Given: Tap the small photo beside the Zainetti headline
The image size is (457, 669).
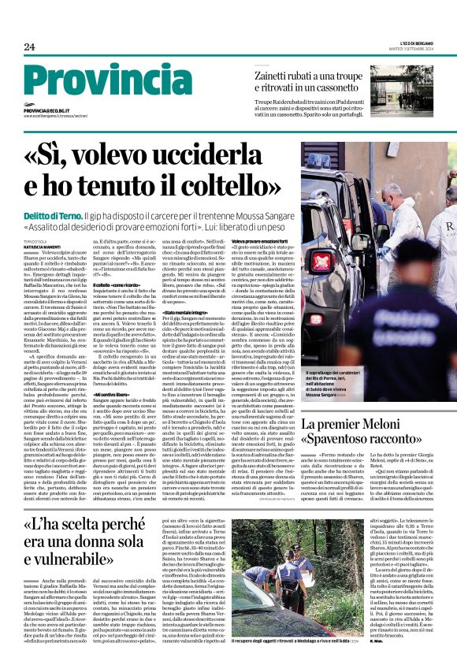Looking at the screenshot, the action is tap(401, 87).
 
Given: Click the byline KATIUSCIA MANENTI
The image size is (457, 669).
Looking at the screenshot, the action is tap(45, 248).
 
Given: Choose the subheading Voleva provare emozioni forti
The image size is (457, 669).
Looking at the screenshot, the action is tap(262, 240).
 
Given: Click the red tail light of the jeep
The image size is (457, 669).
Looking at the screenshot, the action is tap(322, 262).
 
